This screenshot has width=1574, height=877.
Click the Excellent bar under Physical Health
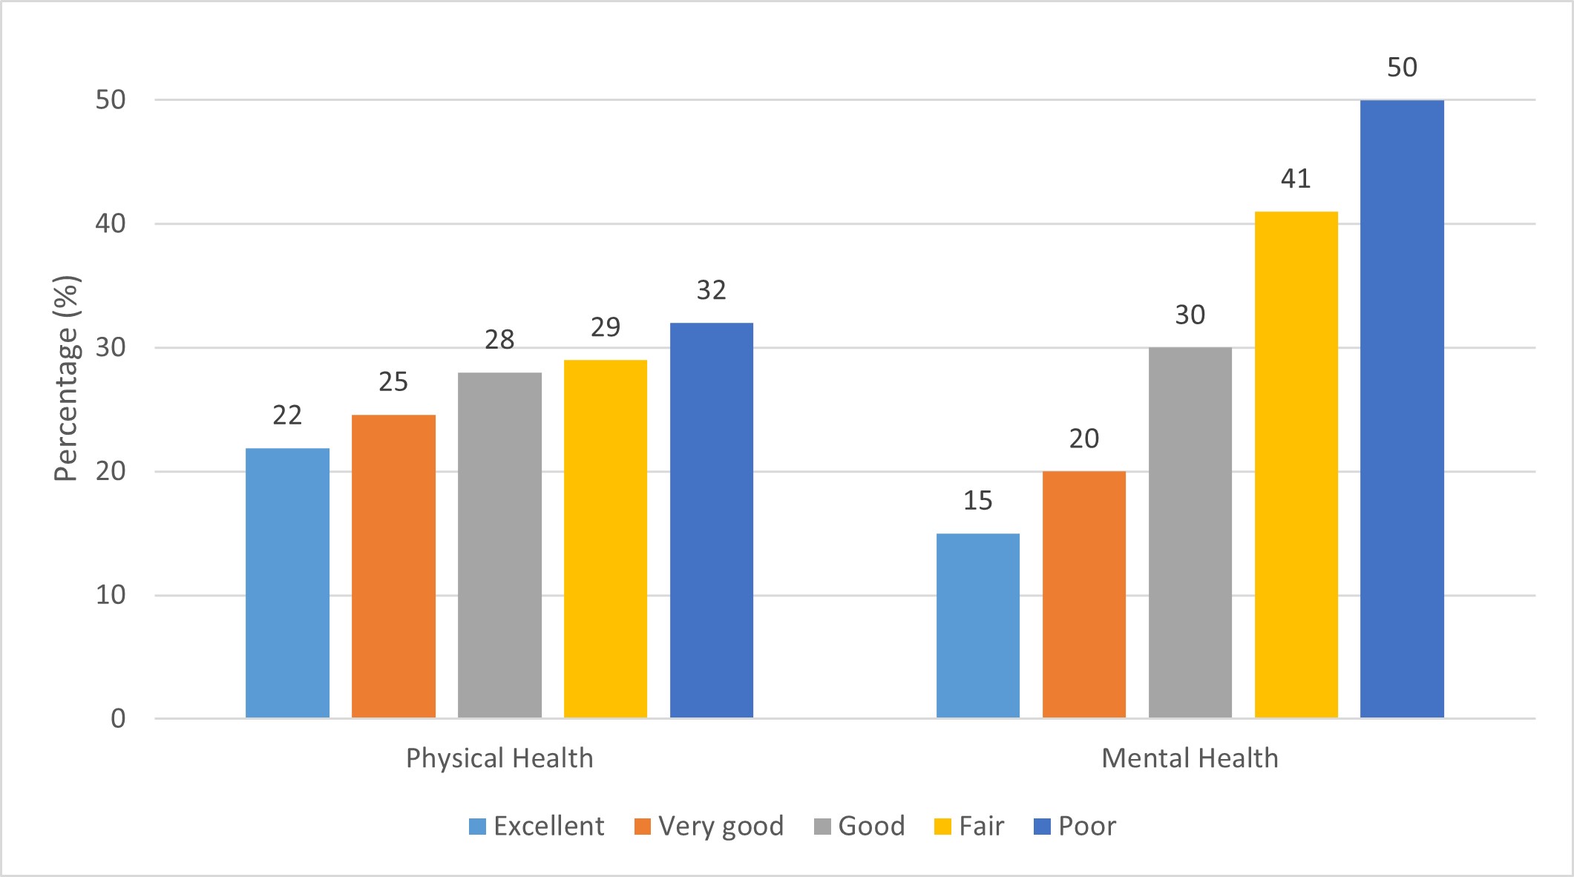287,583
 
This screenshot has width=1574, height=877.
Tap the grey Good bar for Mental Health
1190,533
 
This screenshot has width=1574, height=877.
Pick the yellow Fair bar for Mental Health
1296,464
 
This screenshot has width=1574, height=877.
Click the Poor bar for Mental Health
1402,409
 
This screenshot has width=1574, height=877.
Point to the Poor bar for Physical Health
711,520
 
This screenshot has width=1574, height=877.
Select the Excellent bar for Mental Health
977,625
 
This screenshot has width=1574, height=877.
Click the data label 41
1296,179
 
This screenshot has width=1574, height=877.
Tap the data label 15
977,501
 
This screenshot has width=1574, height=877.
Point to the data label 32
711,290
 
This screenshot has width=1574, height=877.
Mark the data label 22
287,415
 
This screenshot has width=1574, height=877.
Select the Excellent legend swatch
477,827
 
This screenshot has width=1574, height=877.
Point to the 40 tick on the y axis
111,224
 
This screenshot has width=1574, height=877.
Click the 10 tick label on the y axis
111,595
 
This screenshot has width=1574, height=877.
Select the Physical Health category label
499,758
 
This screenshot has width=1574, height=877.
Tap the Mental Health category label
1190,758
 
